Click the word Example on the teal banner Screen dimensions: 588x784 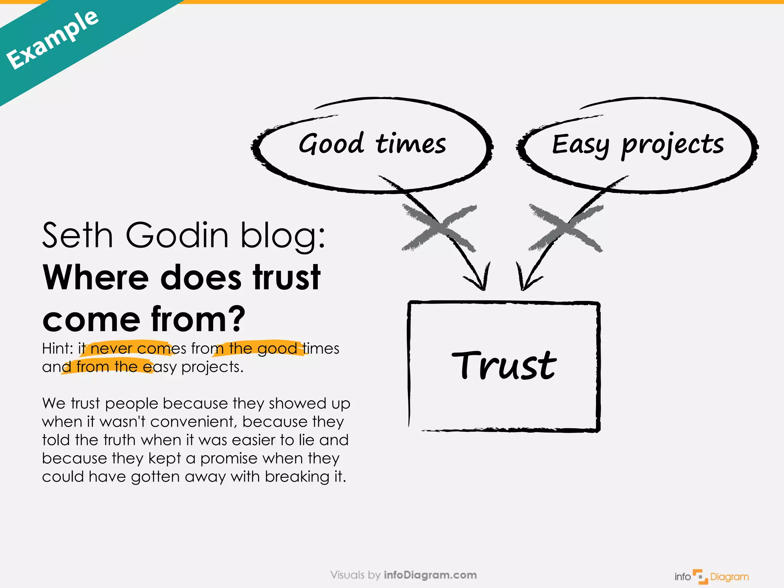[52, 40]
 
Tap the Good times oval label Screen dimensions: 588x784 [372, 144]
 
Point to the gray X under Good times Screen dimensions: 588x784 [439, 228]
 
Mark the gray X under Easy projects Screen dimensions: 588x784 [565, 228]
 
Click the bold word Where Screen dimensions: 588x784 [96, 278]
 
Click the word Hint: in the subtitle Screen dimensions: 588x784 [57, 348]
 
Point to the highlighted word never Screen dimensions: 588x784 [111, 348]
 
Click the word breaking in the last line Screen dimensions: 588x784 [297, 477]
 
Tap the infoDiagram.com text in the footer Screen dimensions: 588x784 [430, 575]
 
